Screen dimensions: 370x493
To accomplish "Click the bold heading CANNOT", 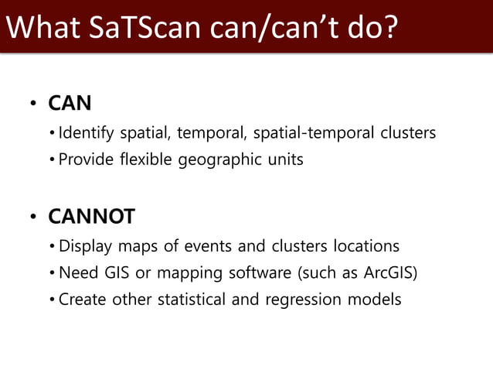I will coord(91,217).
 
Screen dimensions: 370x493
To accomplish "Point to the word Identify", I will coord(87,133).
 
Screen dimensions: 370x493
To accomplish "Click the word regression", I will coord(301,299).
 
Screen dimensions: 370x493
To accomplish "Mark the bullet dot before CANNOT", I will coord(33,218).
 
